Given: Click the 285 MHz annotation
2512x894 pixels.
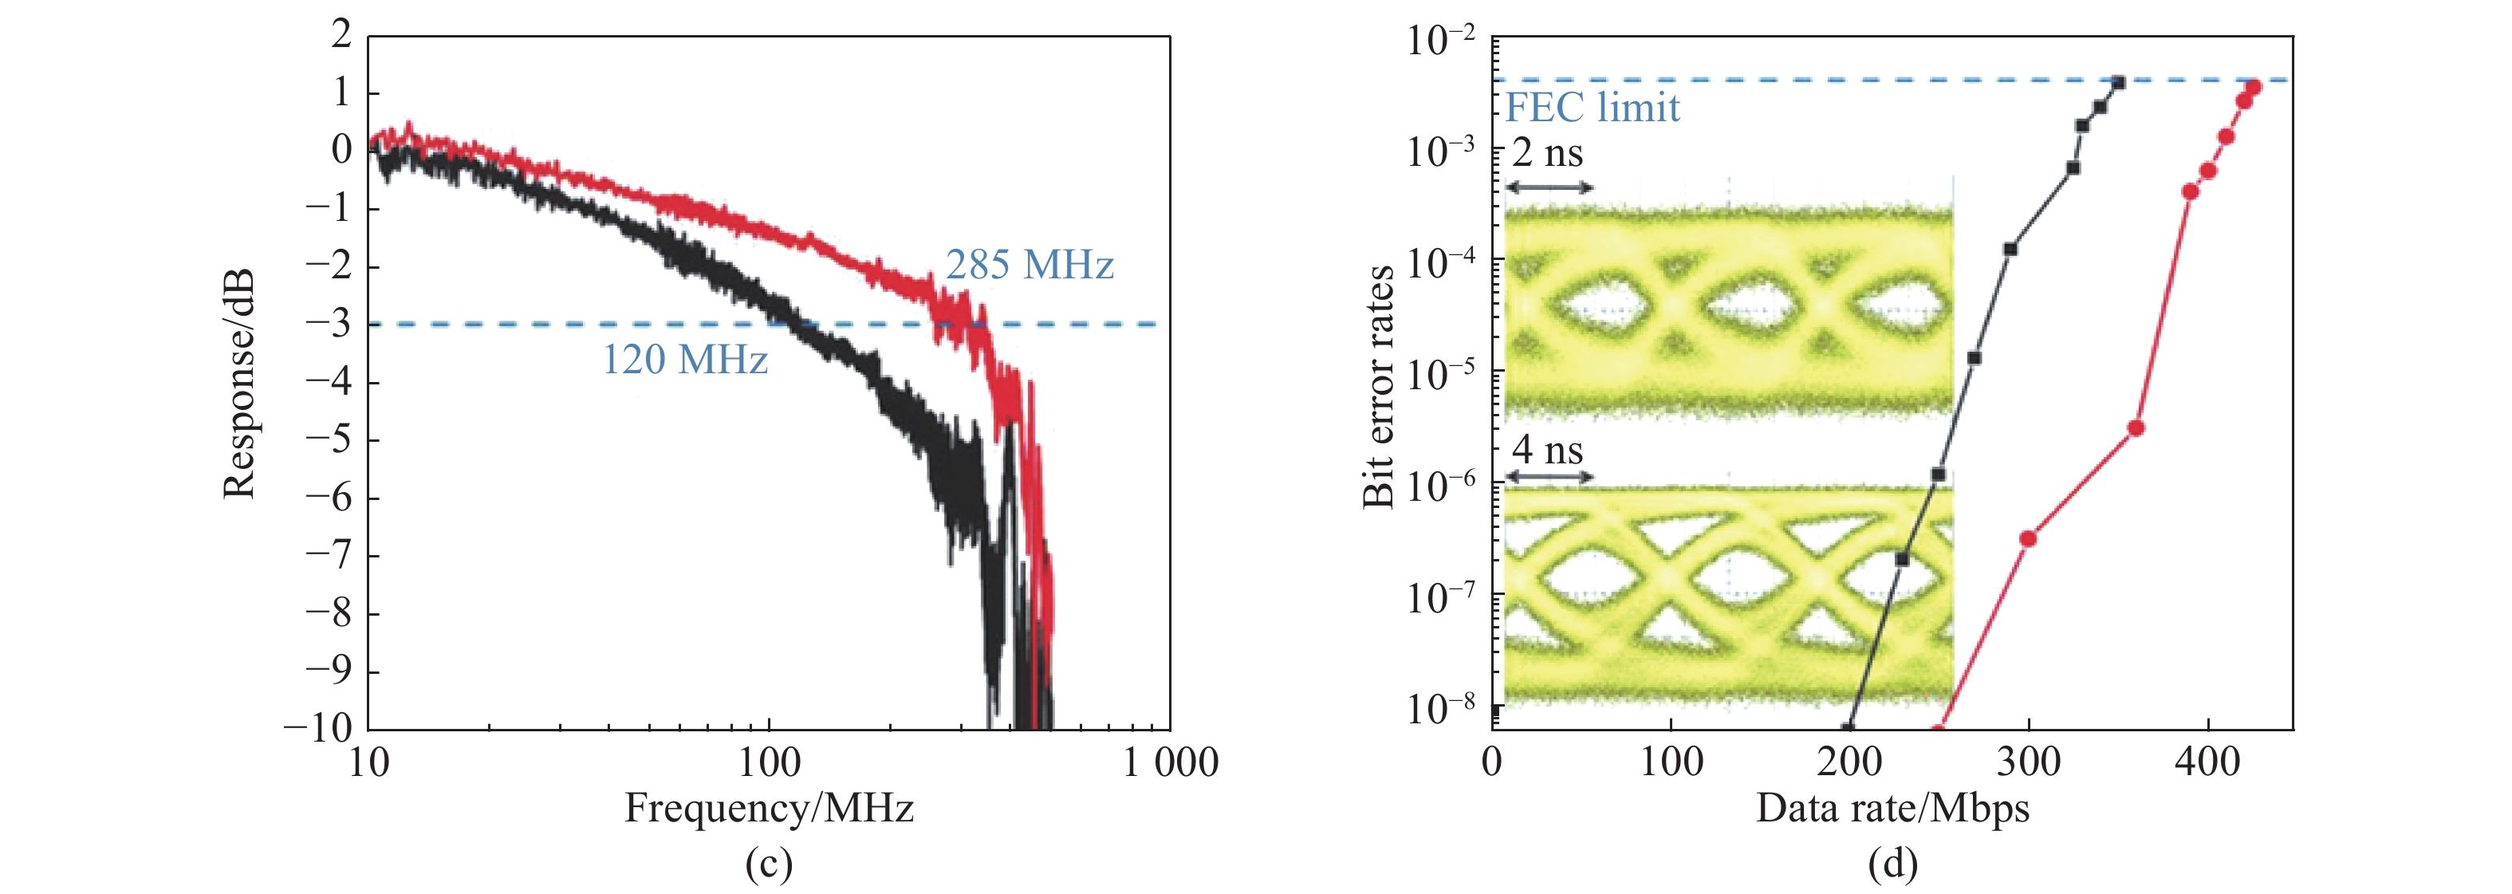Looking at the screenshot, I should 1029,266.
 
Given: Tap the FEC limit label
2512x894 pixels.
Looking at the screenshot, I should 1593,107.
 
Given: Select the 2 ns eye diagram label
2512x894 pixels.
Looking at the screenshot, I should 1548,153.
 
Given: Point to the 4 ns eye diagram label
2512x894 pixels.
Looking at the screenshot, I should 1548,450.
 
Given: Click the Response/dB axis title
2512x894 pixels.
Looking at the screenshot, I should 239,383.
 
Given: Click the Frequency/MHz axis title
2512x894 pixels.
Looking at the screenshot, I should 769,808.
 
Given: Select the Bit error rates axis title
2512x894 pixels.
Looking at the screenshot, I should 1378,386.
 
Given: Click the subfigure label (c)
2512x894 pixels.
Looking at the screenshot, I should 769,864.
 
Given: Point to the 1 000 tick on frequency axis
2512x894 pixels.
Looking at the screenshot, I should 1169,762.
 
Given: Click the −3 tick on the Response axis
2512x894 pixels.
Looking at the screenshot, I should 329,324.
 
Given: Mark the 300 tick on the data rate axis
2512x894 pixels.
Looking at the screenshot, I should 2028,762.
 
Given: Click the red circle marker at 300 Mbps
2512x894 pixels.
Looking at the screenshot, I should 2028,538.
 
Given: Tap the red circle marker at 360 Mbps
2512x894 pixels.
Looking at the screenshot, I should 2136,428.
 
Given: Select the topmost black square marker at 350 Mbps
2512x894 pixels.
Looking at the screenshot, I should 2118,83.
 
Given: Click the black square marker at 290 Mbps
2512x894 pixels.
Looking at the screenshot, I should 2010,250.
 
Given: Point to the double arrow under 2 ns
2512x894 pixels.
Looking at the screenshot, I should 1549,187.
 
